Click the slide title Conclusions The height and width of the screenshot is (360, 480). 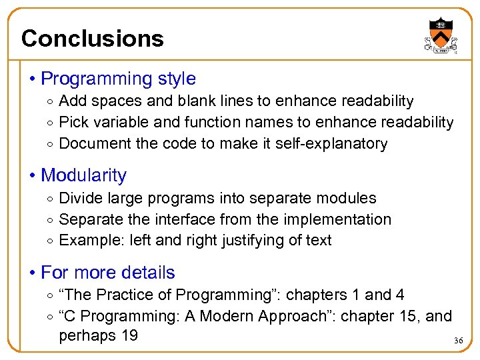[x=92, y=39]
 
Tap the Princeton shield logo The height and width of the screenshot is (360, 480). [x=441, y=35]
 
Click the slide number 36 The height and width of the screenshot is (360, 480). [x=458, y=341]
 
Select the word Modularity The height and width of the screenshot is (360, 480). [x=83, y=175]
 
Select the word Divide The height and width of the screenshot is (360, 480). [x=77, y=199]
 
